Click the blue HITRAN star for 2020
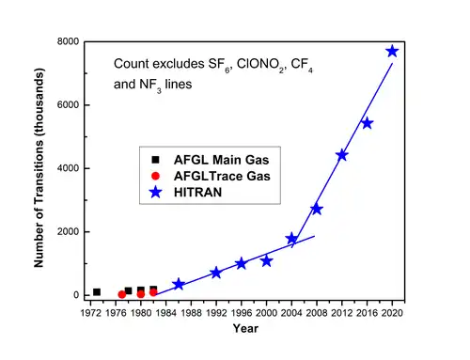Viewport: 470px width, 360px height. (x=392, y=52)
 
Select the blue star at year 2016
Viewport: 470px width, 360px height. (x=368, y=123)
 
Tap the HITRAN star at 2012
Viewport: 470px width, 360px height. (x=342, y=155)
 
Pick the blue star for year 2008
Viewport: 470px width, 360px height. (x=317, y=209)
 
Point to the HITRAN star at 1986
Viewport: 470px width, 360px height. (x=179, y=284)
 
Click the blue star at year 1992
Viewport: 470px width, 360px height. (x=216, y=273)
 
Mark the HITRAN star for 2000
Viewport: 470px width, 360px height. (x=267, y=260)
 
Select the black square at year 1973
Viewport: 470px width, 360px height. (x=97, y=292)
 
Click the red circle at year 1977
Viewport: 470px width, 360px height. (x=122, y=294)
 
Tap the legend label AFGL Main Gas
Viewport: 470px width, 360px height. (x=221, y=160)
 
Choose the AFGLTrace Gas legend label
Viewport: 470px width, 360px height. (x=222, y=176)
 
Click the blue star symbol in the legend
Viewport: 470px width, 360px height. (x=156, y=192)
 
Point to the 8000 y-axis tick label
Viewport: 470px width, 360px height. (x=68, y=41)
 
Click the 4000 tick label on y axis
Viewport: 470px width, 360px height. (x=68, y=168)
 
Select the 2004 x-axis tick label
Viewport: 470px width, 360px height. (x=291, y=313)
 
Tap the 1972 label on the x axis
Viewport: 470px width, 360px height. (x=91, y=313)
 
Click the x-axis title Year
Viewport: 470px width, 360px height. (x=245, y=328)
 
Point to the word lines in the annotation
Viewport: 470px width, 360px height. (x=179, y=84)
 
